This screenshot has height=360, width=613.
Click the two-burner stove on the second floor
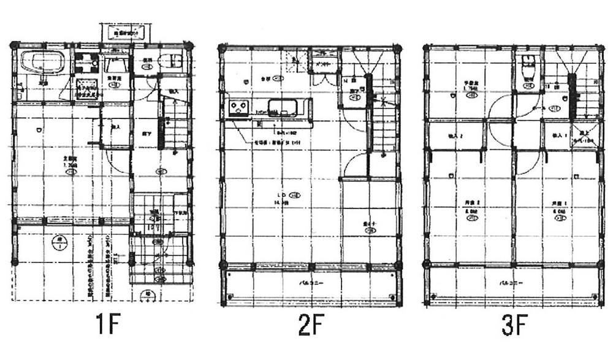237,108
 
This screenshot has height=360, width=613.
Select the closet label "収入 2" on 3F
455,136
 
